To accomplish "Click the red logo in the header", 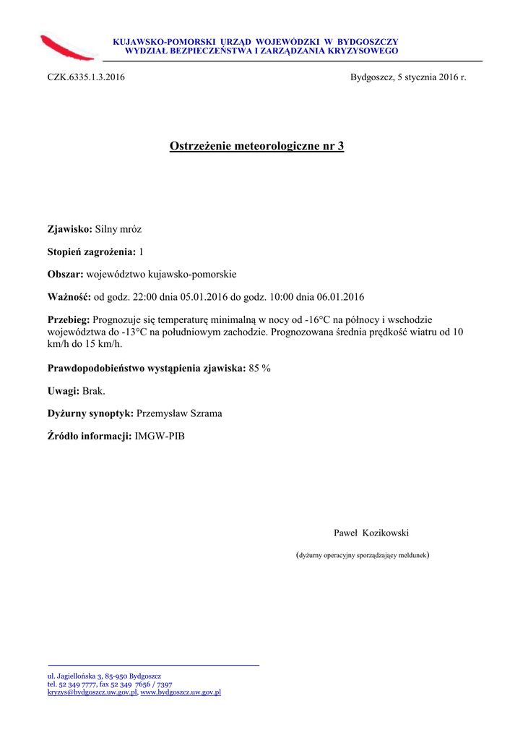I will pyautogui.click(x=69, y=47).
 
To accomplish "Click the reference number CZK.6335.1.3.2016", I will pyautogui.click(x=86, y=77).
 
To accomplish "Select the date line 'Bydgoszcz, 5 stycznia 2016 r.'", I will pyautogui.click(x=408, y=77).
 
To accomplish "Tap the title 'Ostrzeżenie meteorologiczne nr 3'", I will pyautogui.click(x=256, y=147).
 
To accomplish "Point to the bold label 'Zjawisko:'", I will pyautogui.click(x=70, y=229).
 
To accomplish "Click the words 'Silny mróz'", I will pyautogui.click(x=118, y=229).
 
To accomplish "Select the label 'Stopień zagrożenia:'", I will pyautogui.click(x=92, y=251).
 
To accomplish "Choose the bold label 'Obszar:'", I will pyautogui.click(x=66, y=274).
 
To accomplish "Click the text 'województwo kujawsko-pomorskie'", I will pyautogui.click(x=161, y=274).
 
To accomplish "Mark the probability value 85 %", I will pyautogui.click(x=259, y=368).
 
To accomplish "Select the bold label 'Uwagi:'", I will pyautogui.click(x=64, y=391).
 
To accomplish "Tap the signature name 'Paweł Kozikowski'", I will pyautogui.click(x=371, y=533).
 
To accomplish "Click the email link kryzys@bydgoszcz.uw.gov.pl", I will pyautogui.click(x=92, y=692).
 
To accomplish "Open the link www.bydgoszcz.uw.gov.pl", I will pyautogui.click(x=181, y=692).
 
